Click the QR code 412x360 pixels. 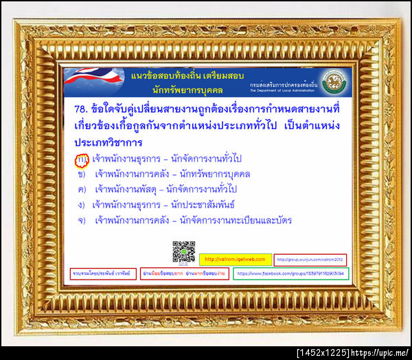coord(183,252)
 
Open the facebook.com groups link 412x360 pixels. coord(291,273)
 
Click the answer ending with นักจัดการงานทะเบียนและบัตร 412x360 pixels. coord(193,220)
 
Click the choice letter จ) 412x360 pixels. coord(81,220)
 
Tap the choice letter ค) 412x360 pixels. coord(81,189)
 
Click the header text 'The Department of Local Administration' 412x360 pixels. coord(284,90)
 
